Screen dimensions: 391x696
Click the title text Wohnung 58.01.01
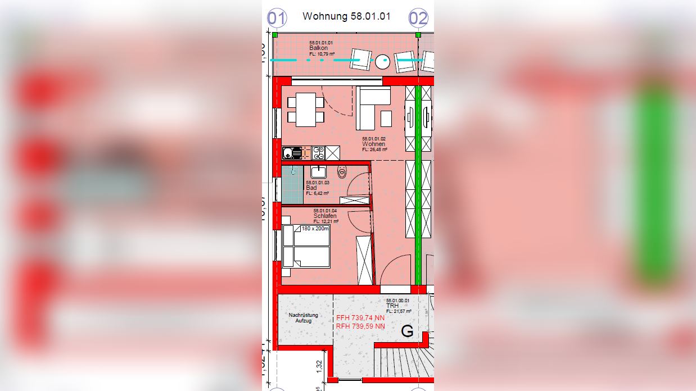pyautogui.click(x=346, y=16)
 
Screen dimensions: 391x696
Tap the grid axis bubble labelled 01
pyautogui.click(x=276, y=18)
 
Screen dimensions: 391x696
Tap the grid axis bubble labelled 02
pyautogui.click(x=418, y=18)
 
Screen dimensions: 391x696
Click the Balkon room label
pyautogui.click(x=319, y=48)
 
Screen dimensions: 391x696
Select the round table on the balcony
pyautogui.click(x=383, y=61)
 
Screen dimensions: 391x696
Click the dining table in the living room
pyautogui.click(x=306, y=110)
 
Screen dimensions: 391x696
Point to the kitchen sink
pyautogui.click(x=292, y=152)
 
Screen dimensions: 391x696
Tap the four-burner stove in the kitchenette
pyautogui.click(x=318, y=152)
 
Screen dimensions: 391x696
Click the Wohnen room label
pyautogui.click(x=374, y=144)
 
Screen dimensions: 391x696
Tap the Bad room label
pyautogui.click(x=311, y=188)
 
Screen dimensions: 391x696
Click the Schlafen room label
pyautogui.click(x=326, y=216)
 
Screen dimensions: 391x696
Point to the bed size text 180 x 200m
pyautogui.click(x=315, y=229)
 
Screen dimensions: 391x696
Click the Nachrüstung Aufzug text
pyautogui.click(x=300, y=318)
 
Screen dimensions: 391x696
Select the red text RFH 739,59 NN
pyautogui.click(x=360, y=326)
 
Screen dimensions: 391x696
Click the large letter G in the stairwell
pyautogui.click(x=407, y=331)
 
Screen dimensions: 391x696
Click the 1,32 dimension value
pyautogui.click(x=319, y=366)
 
